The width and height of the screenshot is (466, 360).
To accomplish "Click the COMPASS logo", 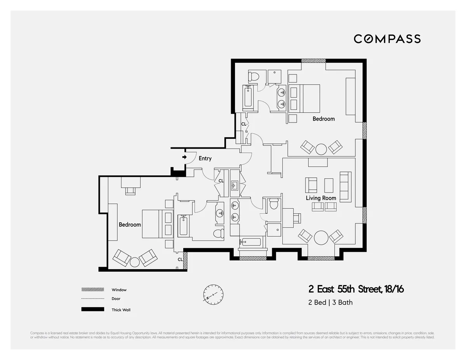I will (387, 39).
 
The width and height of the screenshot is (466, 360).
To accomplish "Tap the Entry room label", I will (205, 158).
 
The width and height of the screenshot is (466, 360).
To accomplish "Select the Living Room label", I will (321, 198).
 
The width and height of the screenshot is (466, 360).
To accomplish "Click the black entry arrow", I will (184, 157).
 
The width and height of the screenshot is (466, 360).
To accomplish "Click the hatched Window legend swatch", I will (92, 290).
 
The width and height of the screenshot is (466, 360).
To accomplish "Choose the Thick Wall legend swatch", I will (92, 309).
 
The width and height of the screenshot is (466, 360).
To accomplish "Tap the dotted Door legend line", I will (92, 299).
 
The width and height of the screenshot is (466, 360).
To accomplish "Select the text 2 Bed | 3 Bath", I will (330, 302).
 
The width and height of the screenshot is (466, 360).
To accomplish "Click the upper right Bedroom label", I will (323, 119).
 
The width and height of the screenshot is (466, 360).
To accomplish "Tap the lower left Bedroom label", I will (130, 225).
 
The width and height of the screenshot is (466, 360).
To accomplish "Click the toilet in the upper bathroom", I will (253, 76).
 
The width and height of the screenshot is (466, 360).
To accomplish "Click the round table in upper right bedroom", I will (321, 149).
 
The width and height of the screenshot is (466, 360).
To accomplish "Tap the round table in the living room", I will (321, 237).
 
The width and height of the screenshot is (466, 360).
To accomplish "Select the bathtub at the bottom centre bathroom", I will (250, 242).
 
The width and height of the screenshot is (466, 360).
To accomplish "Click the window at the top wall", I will (313, 61).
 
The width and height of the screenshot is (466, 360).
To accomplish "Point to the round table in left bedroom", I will (135, 262).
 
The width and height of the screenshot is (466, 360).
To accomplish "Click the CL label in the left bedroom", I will (180, 259).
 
